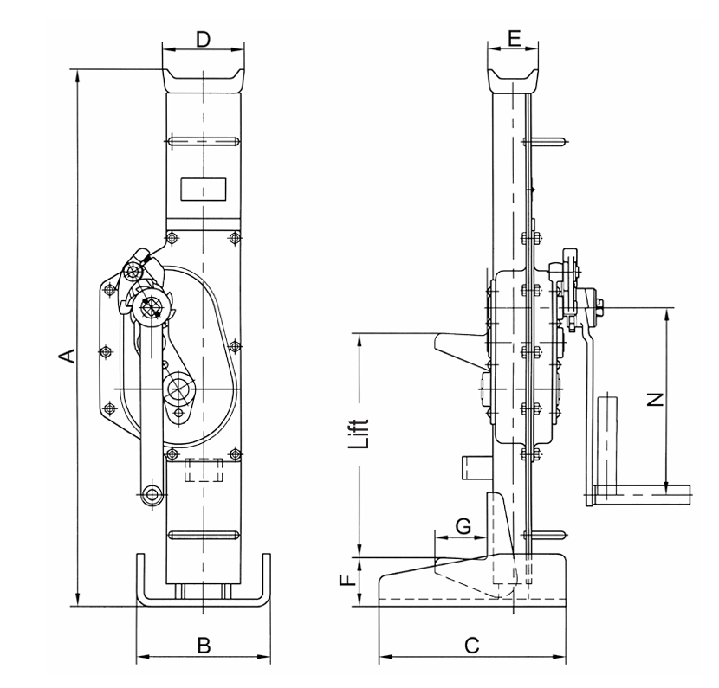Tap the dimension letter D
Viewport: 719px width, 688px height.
(202, 39)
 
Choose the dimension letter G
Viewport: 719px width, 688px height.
(463, 524)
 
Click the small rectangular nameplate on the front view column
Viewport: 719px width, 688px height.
(202, 188)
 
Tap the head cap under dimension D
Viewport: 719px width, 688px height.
(203, 79)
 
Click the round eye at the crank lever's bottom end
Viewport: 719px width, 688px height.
(153, 494)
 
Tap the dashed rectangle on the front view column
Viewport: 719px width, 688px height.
(204, 470)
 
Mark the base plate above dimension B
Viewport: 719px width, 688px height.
(201, 599)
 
